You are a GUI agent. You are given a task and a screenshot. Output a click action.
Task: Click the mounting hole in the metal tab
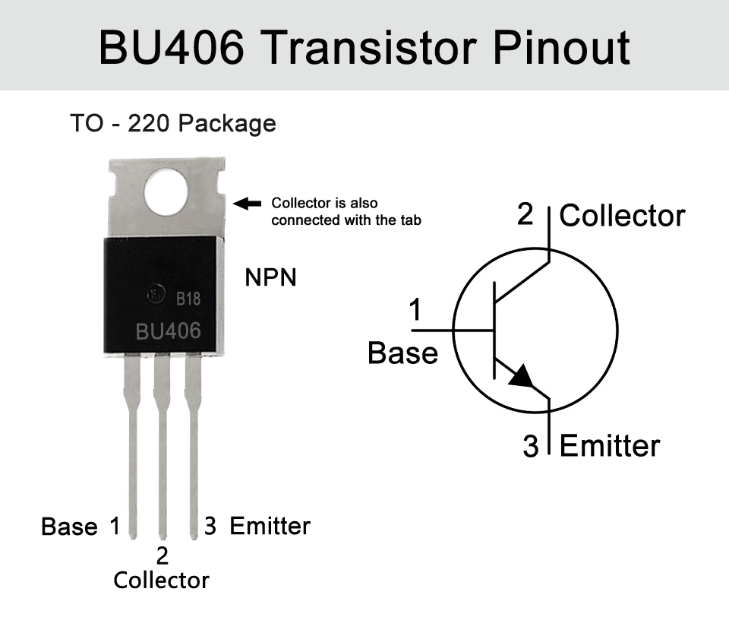point(166,192)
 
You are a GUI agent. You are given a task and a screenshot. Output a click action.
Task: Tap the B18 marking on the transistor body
point(188,298)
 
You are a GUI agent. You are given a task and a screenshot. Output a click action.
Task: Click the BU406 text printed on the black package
point(169,331)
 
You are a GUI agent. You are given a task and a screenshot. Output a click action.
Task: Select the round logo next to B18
point(156,294)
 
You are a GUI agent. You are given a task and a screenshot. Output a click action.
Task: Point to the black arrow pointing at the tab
point(247,204)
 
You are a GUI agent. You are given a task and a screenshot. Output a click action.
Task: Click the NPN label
point(270,277)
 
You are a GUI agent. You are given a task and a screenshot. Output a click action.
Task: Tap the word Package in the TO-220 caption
point(227,124)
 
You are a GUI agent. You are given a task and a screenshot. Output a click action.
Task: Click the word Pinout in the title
point(561,47)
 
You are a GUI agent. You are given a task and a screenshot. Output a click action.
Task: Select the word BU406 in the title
point(171,47)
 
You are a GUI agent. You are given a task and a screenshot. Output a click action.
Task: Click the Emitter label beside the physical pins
point(270,526)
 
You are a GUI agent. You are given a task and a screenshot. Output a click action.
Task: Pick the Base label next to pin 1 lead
point(69,527)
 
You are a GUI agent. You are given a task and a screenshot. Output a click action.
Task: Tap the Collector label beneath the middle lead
point(161,580)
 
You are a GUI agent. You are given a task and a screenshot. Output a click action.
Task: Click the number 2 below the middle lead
point(162,556)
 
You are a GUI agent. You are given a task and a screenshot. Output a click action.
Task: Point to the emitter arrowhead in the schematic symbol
point(521,376)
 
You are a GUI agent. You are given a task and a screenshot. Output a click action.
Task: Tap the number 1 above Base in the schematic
point(415,310)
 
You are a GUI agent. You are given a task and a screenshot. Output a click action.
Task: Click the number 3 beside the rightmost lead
point(210,526)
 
